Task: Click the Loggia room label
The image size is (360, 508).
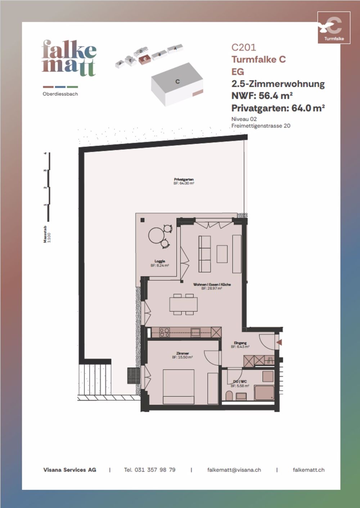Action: pos(160,261)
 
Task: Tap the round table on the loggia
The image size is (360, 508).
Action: pos(156,236)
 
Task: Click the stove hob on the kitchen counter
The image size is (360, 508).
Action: pos(165,332)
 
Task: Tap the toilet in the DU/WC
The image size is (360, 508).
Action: pos(229,396)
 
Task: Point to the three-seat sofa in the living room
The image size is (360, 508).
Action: pos(204,254)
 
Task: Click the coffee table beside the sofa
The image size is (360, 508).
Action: pos(222,254)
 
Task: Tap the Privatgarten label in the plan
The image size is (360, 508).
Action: pos(184,179)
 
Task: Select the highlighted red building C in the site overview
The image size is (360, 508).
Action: pos(145,59)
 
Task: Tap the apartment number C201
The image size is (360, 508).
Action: pos(244,47)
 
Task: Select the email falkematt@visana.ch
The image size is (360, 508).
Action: pos(234,470)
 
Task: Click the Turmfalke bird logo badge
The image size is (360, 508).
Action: pos(334,28)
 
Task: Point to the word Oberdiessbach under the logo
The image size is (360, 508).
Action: pos(60,94)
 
